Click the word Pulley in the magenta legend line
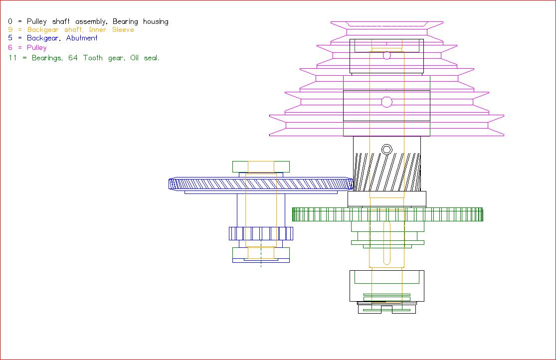point(37,47)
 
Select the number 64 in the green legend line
point(73,58)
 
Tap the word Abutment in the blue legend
point(82,38)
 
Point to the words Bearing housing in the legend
point(141,21)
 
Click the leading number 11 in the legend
point(12,58)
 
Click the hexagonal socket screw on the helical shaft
point(386,149)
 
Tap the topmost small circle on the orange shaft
point(387,55)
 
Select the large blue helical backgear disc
point(261,184)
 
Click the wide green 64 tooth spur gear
point(387,214)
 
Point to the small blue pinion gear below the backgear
point(261,233)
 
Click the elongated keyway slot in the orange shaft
point(387,243)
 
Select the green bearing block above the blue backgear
point(261,167)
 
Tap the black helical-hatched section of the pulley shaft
point(387,172)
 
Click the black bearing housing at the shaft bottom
point(387,286)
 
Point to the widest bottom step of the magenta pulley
point(386,125)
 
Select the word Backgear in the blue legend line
point(43,38)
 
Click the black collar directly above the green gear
point(387,199)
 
